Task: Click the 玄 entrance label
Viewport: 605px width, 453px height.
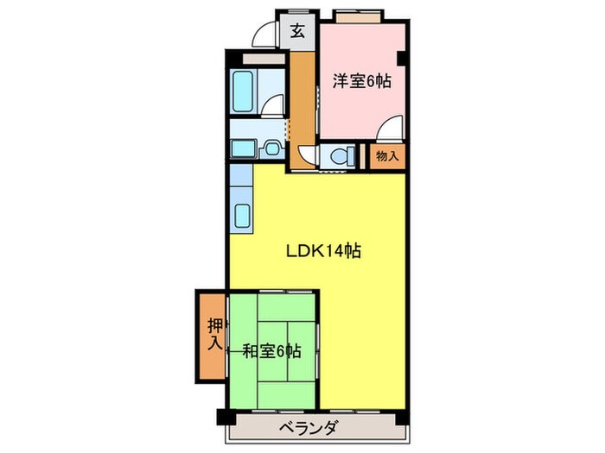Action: pyautogui.click(x=296, y=32)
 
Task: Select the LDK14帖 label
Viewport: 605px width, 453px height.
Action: pyautogui.click(x=323, y=252)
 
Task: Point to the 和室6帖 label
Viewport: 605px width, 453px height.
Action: pyautogui.click(x=271, y=351)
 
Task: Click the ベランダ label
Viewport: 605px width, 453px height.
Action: pyautogui.click(x=309, y=427)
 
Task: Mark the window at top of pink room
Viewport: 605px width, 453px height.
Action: pyautogui.click(x=358, y=16)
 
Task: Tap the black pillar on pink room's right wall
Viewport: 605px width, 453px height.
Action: pyautogui.click(x=404, y=58)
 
